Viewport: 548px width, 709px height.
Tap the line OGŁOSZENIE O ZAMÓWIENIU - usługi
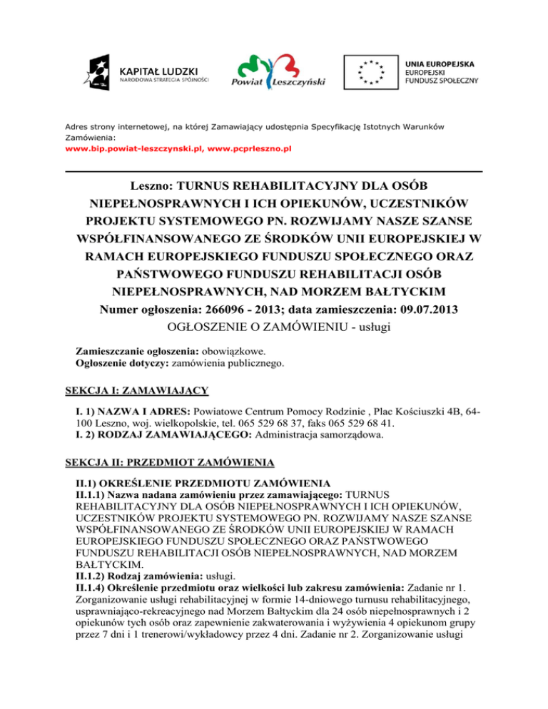274,328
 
